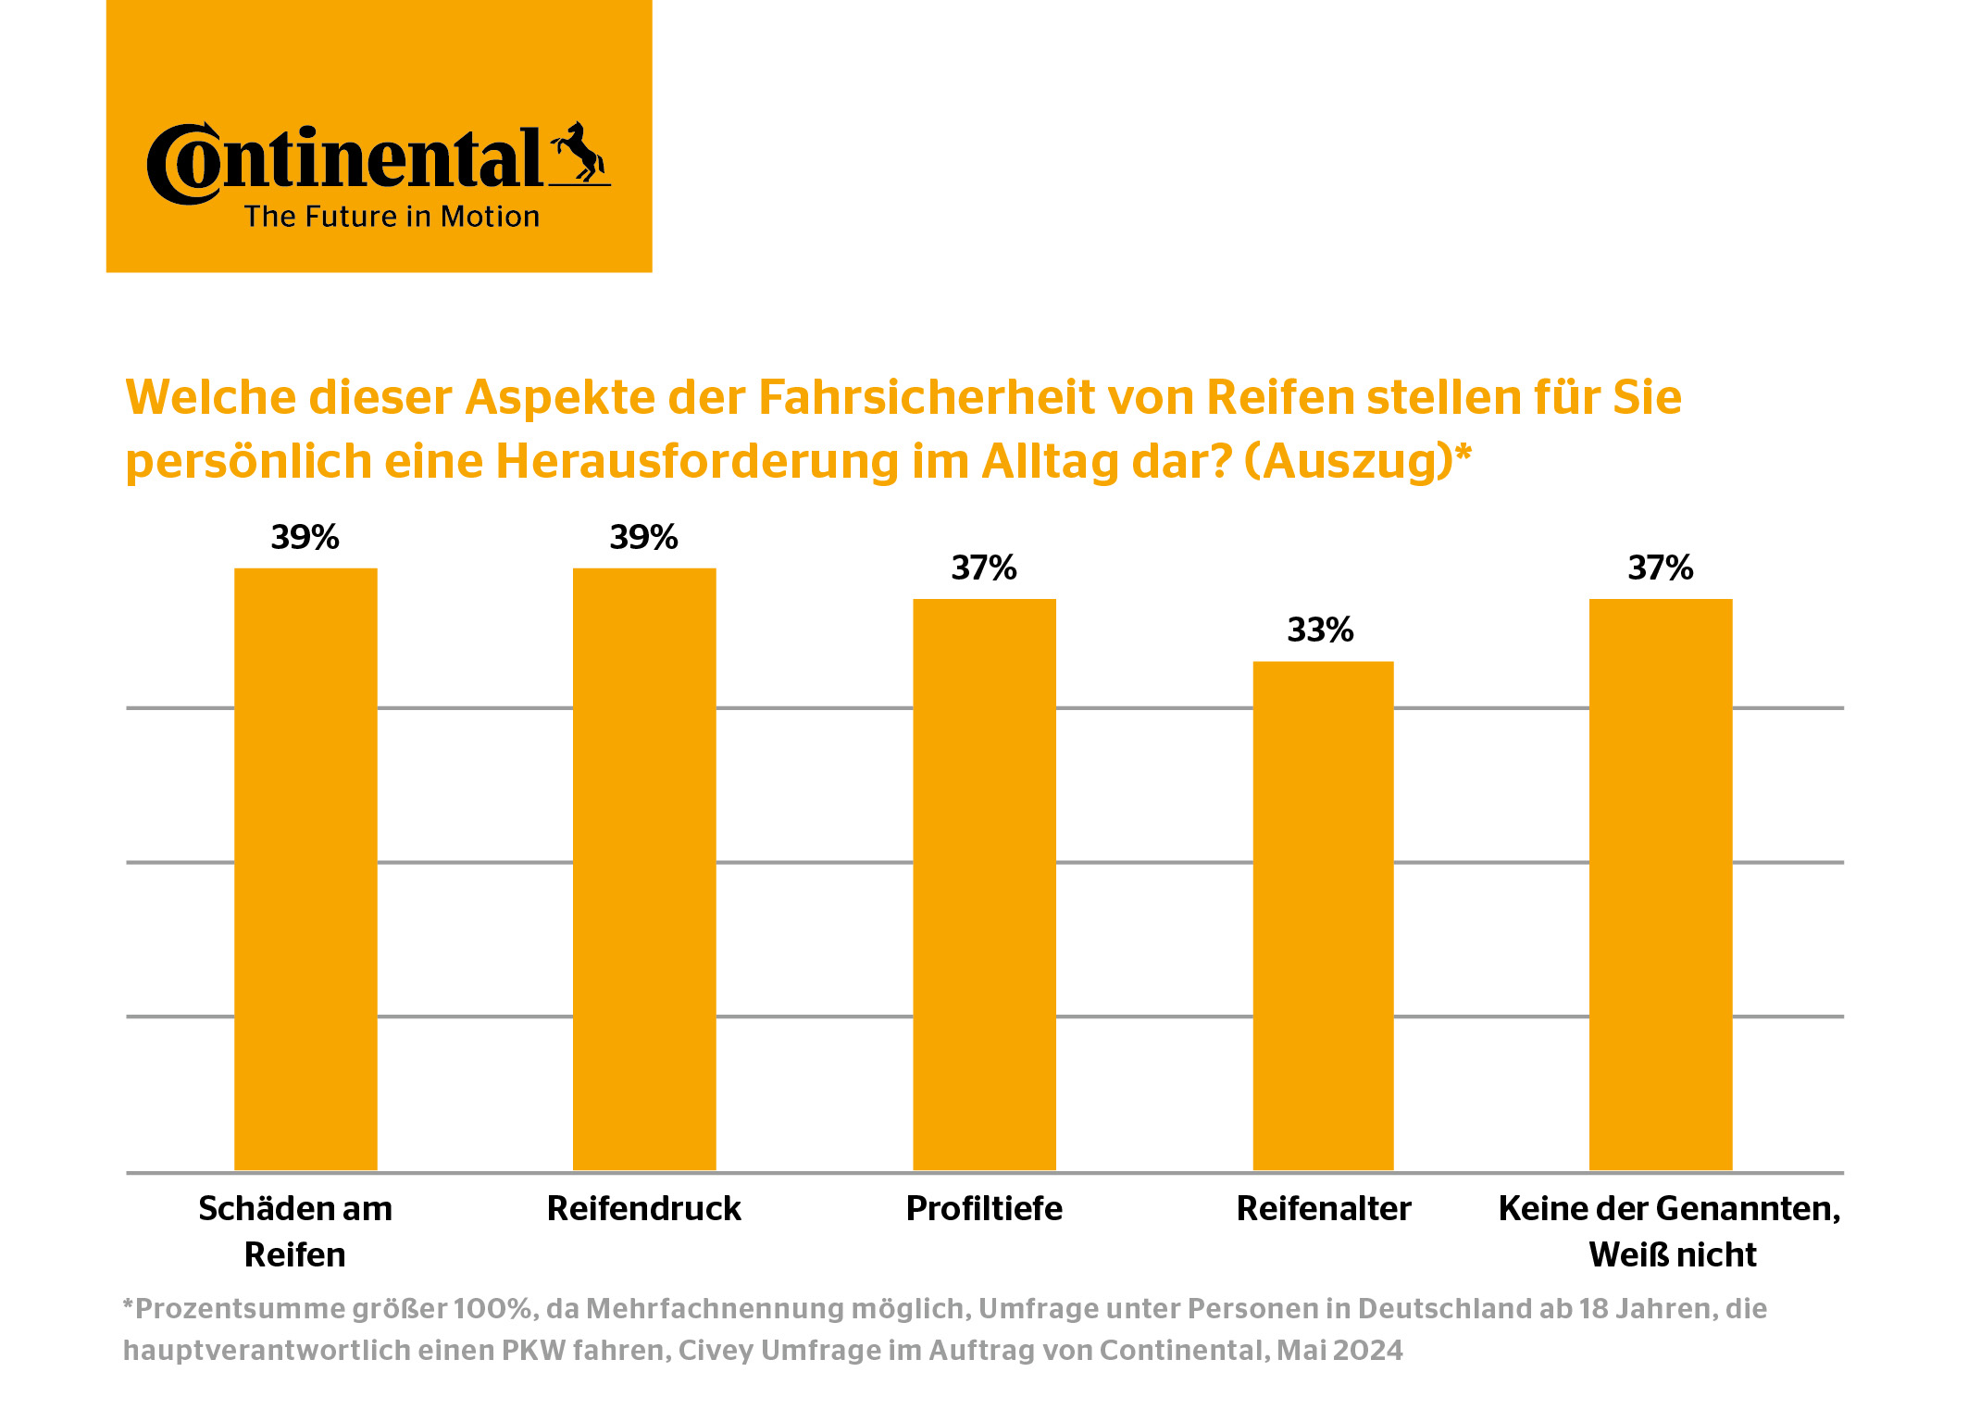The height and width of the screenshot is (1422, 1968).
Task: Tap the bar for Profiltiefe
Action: (984, 884)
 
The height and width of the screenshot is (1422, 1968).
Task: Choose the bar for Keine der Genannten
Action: (1661, 884)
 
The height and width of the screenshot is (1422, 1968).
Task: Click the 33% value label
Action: (1320, 630)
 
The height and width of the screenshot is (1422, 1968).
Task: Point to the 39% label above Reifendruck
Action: (643, 538)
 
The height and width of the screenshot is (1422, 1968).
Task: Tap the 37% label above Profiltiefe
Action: (984, 568)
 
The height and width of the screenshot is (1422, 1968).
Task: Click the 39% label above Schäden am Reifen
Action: (305, 538)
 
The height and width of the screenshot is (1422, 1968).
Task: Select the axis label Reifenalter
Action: (1324, 1209)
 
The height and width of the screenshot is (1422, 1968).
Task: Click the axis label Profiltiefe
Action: (984, 1209)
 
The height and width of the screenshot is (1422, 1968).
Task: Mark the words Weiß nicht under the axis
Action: (1672, 1255)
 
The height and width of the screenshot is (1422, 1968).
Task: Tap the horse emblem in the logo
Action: (580, 152)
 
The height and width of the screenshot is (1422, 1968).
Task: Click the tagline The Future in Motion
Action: (392, 217)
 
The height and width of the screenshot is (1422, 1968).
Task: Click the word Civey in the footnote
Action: (716, 1351)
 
